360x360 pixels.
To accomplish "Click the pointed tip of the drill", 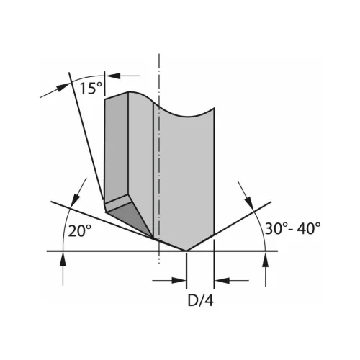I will (186, 251).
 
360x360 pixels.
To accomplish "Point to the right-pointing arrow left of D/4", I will (181, 280).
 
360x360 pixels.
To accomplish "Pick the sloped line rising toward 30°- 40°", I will (230, 225).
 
